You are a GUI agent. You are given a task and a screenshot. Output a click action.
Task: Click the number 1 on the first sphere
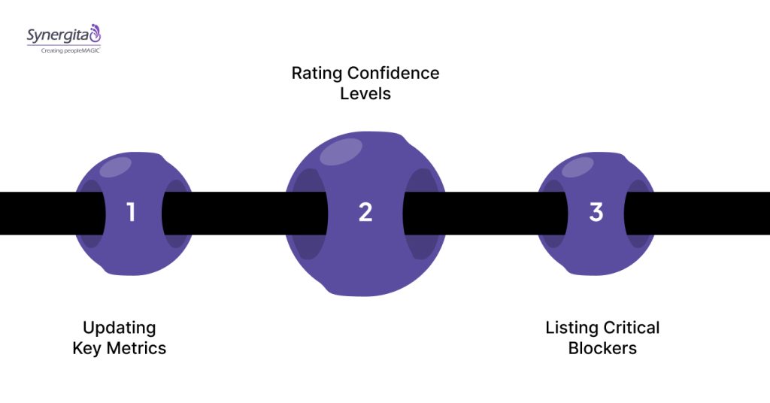pos(132,213)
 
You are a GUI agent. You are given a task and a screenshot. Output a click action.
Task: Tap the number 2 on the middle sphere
pos(365,213)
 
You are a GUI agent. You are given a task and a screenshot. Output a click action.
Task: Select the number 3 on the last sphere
pos(596,213)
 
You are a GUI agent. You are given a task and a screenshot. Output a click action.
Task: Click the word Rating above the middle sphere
pos(316,74)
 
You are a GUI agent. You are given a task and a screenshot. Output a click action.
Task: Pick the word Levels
pos(365,95)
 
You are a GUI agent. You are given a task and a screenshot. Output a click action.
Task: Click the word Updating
pos(120,328)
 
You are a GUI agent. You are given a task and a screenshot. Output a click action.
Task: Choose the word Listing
pos(571,328)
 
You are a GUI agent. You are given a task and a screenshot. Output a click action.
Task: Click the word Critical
pos(632,328)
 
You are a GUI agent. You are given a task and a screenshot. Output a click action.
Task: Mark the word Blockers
pos(602,349)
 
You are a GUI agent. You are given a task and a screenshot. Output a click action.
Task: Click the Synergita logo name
pos(57,35)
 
